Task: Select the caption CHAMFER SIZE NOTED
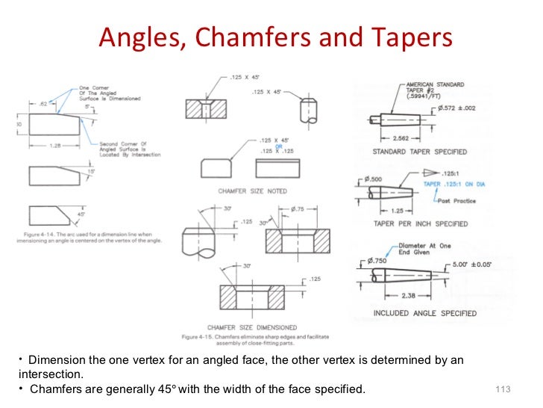pos(252,191)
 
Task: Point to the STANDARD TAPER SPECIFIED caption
pos(419,152)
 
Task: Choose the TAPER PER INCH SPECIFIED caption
pos(420,223)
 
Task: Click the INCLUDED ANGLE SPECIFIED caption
pos(424,313)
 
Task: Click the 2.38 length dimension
pos(406,296)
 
